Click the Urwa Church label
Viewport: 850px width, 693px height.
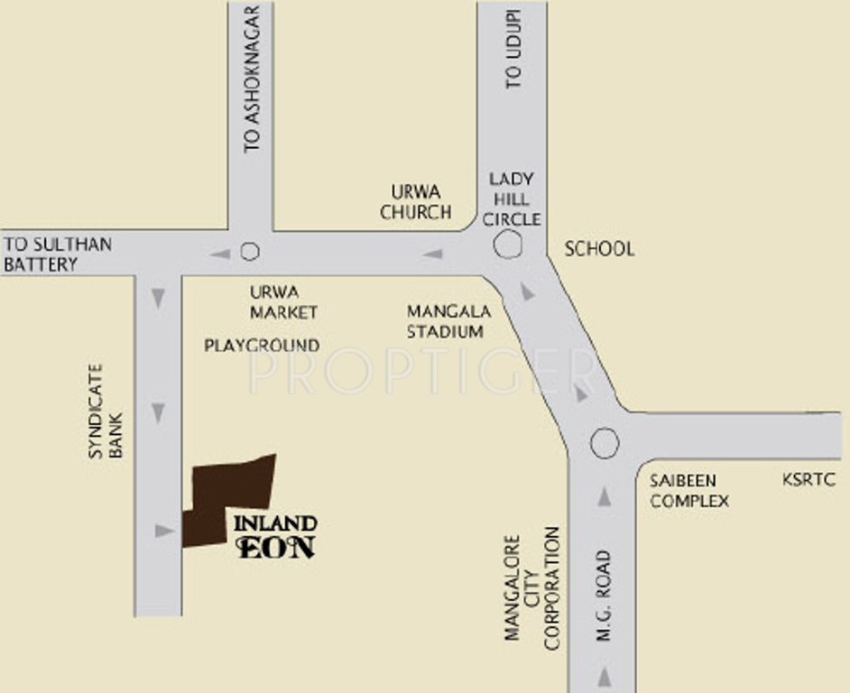click(x=415, y=202)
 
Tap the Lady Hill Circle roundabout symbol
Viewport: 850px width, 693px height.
click(x=507, y=244)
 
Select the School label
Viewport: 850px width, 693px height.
click(x=599, y=249)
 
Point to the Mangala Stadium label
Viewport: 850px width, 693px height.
click(x=448, y=321)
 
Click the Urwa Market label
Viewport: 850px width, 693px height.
click(x=284, y=302)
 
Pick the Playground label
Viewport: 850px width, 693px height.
click(x=262, y=346)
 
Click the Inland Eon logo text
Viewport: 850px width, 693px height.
click(x=275, y=536)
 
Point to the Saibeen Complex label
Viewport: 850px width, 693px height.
click(x=689, y=490)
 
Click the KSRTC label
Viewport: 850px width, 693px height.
click(x=809, y=480)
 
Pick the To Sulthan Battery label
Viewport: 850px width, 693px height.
click(x=58, y=254)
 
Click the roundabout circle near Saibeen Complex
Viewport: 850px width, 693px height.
click(x=605, y=443)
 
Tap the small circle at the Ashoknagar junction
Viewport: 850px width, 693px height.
click(x=250, y=252)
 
